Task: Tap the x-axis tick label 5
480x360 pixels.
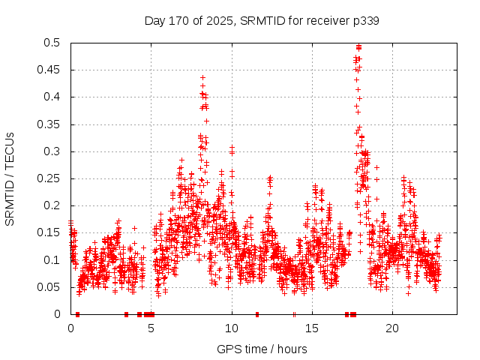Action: coord(151,328)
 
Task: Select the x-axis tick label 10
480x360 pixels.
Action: coord(232,328)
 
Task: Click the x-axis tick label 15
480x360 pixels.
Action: coord(312,328)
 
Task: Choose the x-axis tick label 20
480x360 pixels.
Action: coord(392,328)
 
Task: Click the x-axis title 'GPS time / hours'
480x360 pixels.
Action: coord(262,349)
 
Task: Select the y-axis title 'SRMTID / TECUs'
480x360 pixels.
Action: coord(10,178)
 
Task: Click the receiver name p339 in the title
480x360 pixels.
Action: coord(365,21)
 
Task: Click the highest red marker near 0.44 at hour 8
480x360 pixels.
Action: coord(202,77)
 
